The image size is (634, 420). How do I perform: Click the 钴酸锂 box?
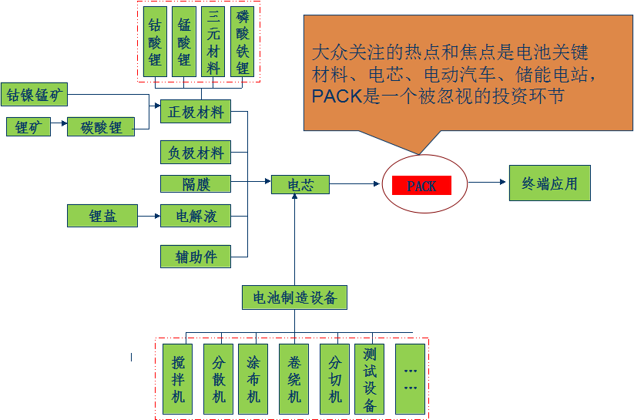[x=155, y=42]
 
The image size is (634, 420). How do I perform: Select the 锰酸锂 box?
[x=183, y=42]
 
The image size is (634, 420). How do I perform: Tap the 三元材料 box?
[x=213, y=42]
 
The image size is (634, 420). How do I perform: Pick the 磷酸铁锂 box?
[x=243, y=42]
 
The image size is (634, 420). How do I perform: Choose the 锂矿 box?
[x=29, y=126]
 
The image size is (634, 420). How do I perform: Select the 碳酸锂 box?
[x=101, y=126]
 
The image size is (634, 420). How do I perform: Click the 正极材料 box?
[x=195, y=112]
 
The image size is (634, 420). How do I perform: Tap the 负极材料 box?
[x=195, y=153]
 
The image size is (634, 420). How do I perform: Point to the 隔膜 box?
[x=195, y=183]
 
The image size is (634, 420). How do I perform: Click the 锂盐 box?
[x=102, y=216]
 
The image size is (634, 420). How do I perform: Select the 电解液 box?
[x=195, y=216]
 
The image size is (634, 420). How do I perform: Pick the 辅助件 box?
[x=195, y=257]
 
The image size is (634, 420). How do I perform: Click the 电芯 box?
[x=300, y=184]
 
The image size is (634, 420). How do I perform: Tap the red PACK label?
[x=421, y=186]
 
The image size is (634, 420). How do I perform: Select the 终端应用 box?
[x=549, y=183]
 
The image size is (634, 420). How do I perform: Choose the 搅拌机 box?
[x=178, y=378]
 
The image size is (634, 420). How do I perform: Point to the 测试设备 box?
[x=369, y=378]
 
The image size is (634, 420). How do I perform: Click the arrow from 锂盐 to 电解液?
[x=149, y=216]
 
